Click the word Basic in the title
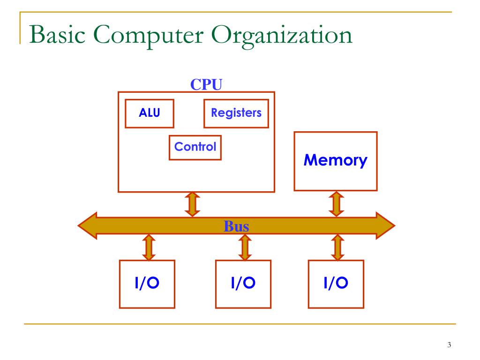point(57,35)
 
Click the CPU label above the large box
point(206,84)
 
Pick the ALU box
point(150,113)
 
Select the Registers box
point(236,113)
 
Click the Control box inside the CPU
point(195,148)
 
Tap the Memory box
point(336,161)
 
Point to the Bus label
point(236,226)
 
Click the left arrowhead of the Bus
point(87,225)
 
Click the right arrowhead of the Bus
point(385,225)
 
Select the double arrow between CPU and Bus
point(192,204)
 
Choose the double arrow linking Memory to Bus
point(337,204)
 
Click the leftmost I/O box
point(147,284)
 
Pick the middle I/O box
point(243,284)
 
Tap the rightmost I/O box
point(336,284)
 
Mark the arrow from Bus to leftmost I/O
point(149,247)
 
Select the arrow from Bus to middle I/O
point(245,247)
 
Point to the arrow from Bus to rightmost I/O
point(337,247)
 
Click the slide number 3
point(449,345)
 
